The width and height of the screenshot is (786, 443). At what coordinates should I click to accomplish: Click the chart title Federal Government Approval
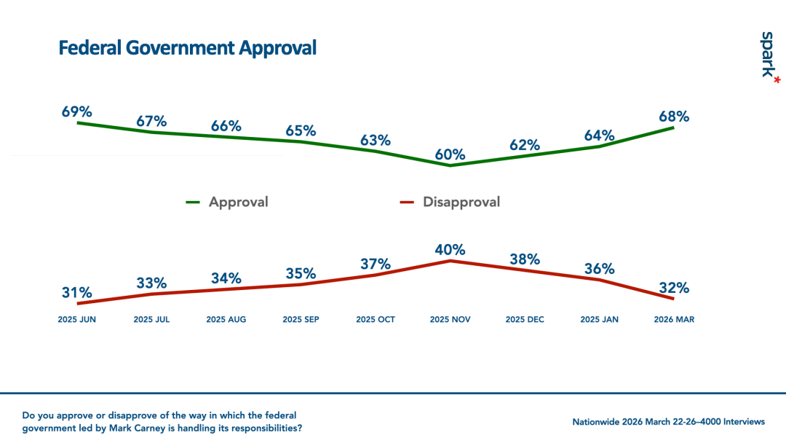pos(187,48)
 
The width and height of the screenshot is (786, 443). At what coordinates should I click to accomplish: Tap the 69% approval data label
pos(77,112)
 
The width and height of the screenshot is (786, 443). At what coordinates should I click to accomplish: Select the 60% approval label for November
pos(450,154)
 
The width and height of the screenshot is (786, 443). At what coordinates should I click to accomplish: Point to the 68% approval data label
pos(674,117)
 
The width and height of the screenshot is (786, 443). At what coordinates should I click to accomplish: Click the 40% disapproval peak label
pos(450,249)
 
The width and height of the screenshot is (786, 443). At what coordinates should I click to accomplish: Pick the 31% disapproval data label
pos(77,293)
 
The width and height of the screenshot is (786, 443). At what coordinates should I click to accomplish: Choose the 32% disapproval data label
pos(674,288)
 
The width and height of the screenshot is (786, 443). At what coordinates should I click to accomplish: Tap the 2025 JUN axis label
pos(77,320)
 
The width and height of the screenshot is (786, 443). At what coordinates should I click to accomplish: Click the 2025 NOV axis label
pos(450,320)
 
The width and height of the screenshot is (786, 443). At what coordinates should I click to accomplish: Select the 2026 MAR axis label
pos(674,320)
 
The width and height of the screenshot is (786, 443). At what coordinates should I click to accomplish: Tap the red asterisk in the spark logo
pos(777,79)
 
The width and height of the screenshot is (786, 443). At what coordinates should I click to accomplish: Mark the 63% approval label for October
pos(376,140)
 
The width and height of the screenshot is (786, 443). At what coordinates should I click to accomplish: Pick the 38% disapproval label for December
pos(525,259)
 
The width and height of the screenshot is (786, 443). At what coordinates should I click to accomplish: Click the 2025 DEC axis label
pos(525,320)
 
